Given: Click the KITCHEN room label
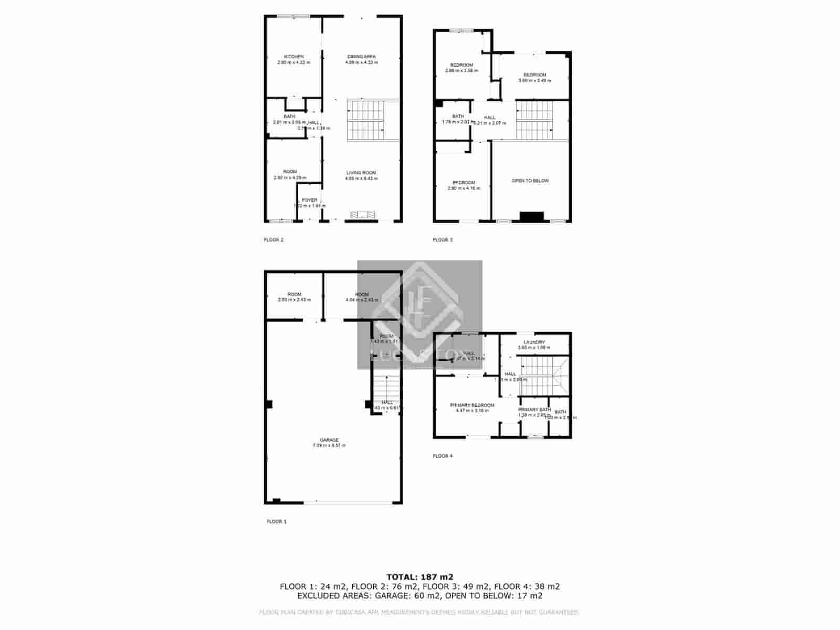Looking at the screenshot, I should pyautogui.click(x=293, y=57).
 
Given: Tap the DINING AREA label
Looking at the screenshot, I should pyautogui.click(x=361, y=57).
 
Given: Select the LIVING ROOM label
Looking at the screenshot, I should pyautogui.click(x=361, y=173).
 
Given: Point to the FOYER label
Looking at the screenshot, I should pyautogui.click(x=310, y=200).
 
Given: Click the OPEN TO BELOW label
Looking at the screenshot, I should pyautogui.click(x=530, y=181).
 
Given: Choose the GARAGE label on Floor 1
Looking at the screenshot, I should pyautogui.click(x=329, y=440).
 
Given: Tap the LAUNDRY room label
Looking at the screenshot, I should pyautogui.click(x=534, y=342).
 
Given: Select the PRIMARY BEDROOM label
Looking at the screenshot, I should pyautogui.click(x=472, y=405).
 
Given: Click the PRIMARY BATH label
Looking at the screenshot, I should pyautogui.click(x=534, y=409).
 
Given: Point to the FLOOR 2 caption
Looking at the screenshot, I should pyautogui.click(x=274, y=240).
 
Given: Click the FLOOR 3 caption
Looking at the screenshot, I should pyautogui.click(x=443, y=240).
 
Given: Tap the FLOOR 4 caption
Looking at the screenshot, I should pyautogui.click(x=443, y=456).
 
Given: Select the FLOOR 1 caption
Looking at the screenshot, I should pyautogui.click(x=277, y=522).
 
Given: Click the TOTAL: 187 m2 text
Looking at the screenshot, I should pyautogui.click(x=419, y=576).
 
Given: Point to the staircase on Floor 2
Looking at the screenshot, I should pyautogui.click(x=366, y=121).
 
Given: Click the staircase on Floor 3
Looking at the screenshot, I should pyautogui.click(x=534, y=120).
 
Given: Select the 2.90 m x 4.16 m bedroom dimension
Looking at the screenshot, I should pyautogui.click(x=464, y=188).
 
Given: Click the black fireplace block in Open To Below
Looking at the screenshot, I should pyautogui.click(x=531, y=216).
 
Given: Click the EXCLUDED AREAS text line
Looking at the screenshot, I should pyautogui.click(x=419, y=596).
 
